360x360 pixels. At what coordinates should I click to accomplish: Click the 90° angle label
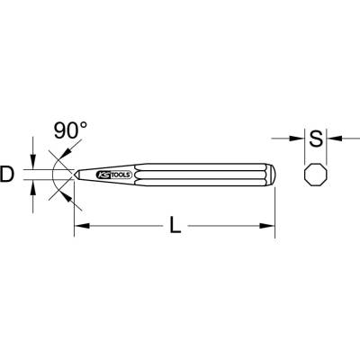click(71, 130)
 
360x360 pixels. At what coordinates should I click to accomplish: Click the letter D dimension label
click(6, 175)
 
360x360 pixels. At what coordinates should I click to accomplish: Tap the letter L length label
click(175, 225)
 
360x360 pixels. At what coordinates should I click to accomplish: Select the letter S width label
click(316, 139)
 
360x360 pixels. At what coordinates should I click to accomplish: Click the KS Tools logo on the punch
click(113, 175)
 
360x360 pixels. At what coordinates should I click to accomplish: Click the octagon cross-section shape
click(316, 175)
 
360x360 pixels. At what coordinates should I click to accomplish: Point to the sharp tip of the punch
click(75, 175)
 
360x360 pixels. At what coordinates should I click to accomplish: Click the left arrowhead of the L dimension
click(82, 226)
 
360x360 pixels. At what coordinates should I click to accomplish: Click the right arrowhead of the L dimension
click(267, 226)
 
